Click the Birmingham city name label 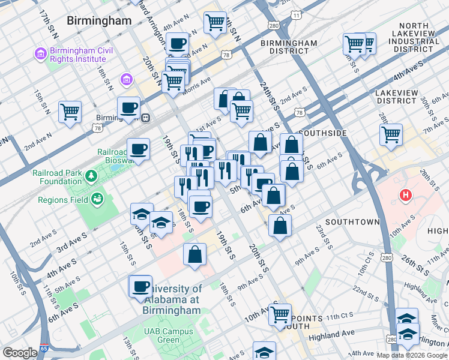[x=99, y=20]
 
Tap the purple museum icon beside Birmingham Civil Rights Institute [x=41, y=54]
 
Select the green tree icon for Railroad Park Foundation [x=91, y=176]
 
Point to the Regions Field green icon [x=96, y=199]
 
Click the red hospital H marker [x=406, y=196]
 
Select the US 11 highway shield [x=294, y=14]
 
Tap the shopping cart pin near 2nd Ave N [x=70, y=112]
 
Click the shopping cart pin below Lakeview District [x=391, y=134]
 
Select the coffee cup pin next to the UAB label [x=140, y=286]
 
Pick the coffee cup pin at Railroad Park [x=138, y=149]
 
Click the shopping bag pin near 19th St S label [x=195, y=254]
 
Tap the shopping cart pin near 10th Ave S [x=280, y=314]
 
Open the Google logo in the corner [x=20, y=353]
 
